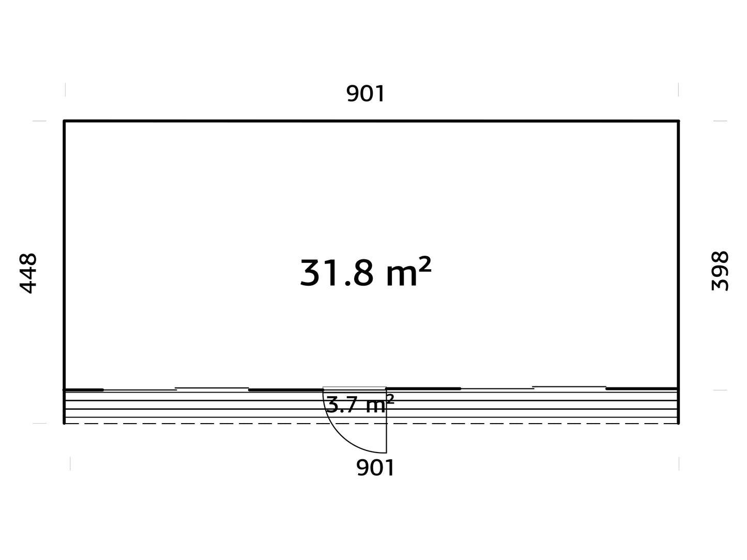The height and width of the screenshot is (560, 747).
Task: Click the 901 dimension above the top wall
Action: [365, 94]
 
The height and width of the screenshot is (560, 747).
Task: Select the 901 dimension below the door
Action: [375, 468]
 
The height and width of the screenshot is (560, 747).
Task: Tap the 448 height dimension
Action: [28, 273]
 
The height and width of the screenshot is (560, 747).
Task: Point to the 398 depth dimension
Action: [720, 271]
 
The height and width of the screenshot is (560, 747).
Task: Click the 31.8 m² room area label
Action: [365, 272]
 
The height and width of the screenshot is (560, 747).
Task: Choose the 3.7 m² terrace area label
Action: [360, 405]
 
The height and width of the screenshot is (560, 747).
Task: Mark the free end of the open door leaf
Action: [386, 453]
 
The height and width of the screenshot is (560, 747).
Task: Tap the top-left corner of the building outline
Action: [64, 121]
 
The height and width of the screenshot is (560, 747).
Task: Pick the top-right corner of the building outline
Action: [678, 121]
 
